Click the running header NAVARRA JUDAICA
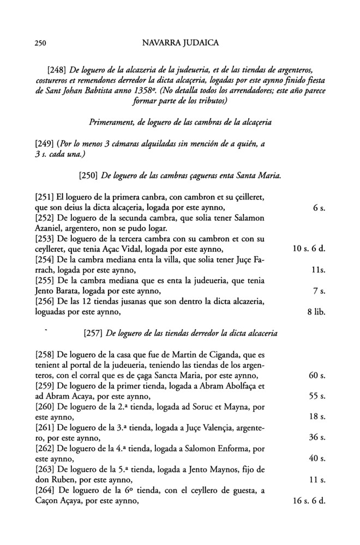pyautogui.click(x=179, y=42)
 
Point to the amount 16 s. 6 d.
pyautogui.click(x=305, y=500)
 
